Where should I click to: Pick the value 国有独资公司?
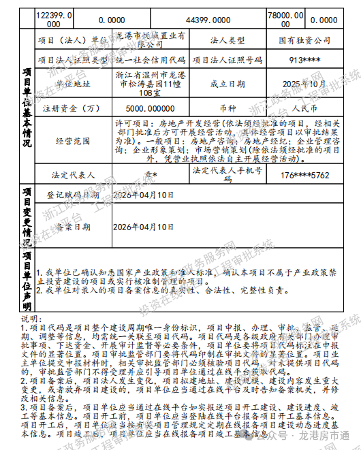coord(304,41)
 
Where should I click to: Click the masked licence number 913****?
coord(304,60)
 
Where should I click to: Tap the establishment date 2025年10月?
coord(304,84)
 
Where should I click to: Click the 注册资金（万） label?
coord(72,108)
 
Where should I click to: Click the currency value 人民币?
coord(304,108)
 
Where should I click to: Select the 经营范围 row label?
coord(72,140)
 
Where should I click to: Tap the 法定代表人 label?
coord(72,174)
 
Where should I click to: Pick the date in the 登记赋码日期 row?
coord(144,195)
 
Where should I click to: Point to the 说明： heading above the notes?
coord(32,319)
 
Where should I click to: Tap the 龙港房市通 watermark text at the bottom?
coord(325,434)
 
